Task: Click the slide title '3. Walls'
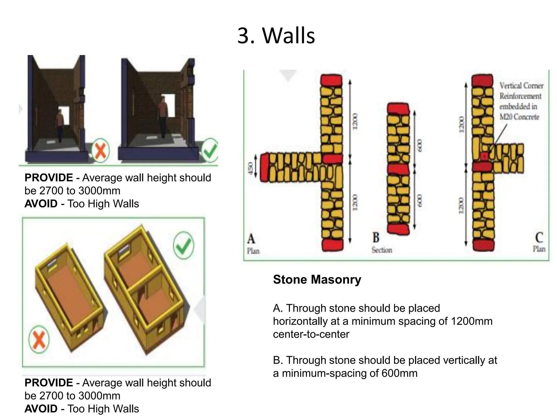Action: click(276, 36)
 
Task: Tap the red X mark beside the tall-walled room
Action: click(100, 150)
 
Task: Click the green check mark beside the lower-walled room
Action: click(210, 150)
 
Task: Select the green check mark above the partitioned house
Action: click(184, 245)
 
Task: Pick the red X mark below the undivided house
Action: click(39, 339)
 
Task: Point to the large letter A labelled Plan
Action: click(251, 239)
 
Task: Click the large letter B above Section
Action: click(376, 238)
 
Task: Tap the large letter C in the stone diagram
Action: click(539, 238)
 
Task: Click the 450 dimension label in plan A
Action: click(250, 168)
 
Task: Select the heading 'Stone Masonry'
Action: click(317, 279)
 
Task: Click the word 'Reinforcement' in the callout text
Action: click(520, 96)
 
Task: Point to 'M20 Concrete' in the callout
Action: click(519, 117)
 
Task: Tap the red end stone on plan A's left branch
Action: click(264, 167)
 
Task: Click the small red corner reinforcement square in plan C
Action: click(484, 156)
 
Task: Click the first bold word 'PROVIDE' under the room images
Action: click(49, 178)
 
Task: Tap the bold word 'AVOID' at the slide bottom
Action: click(41, 409)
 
